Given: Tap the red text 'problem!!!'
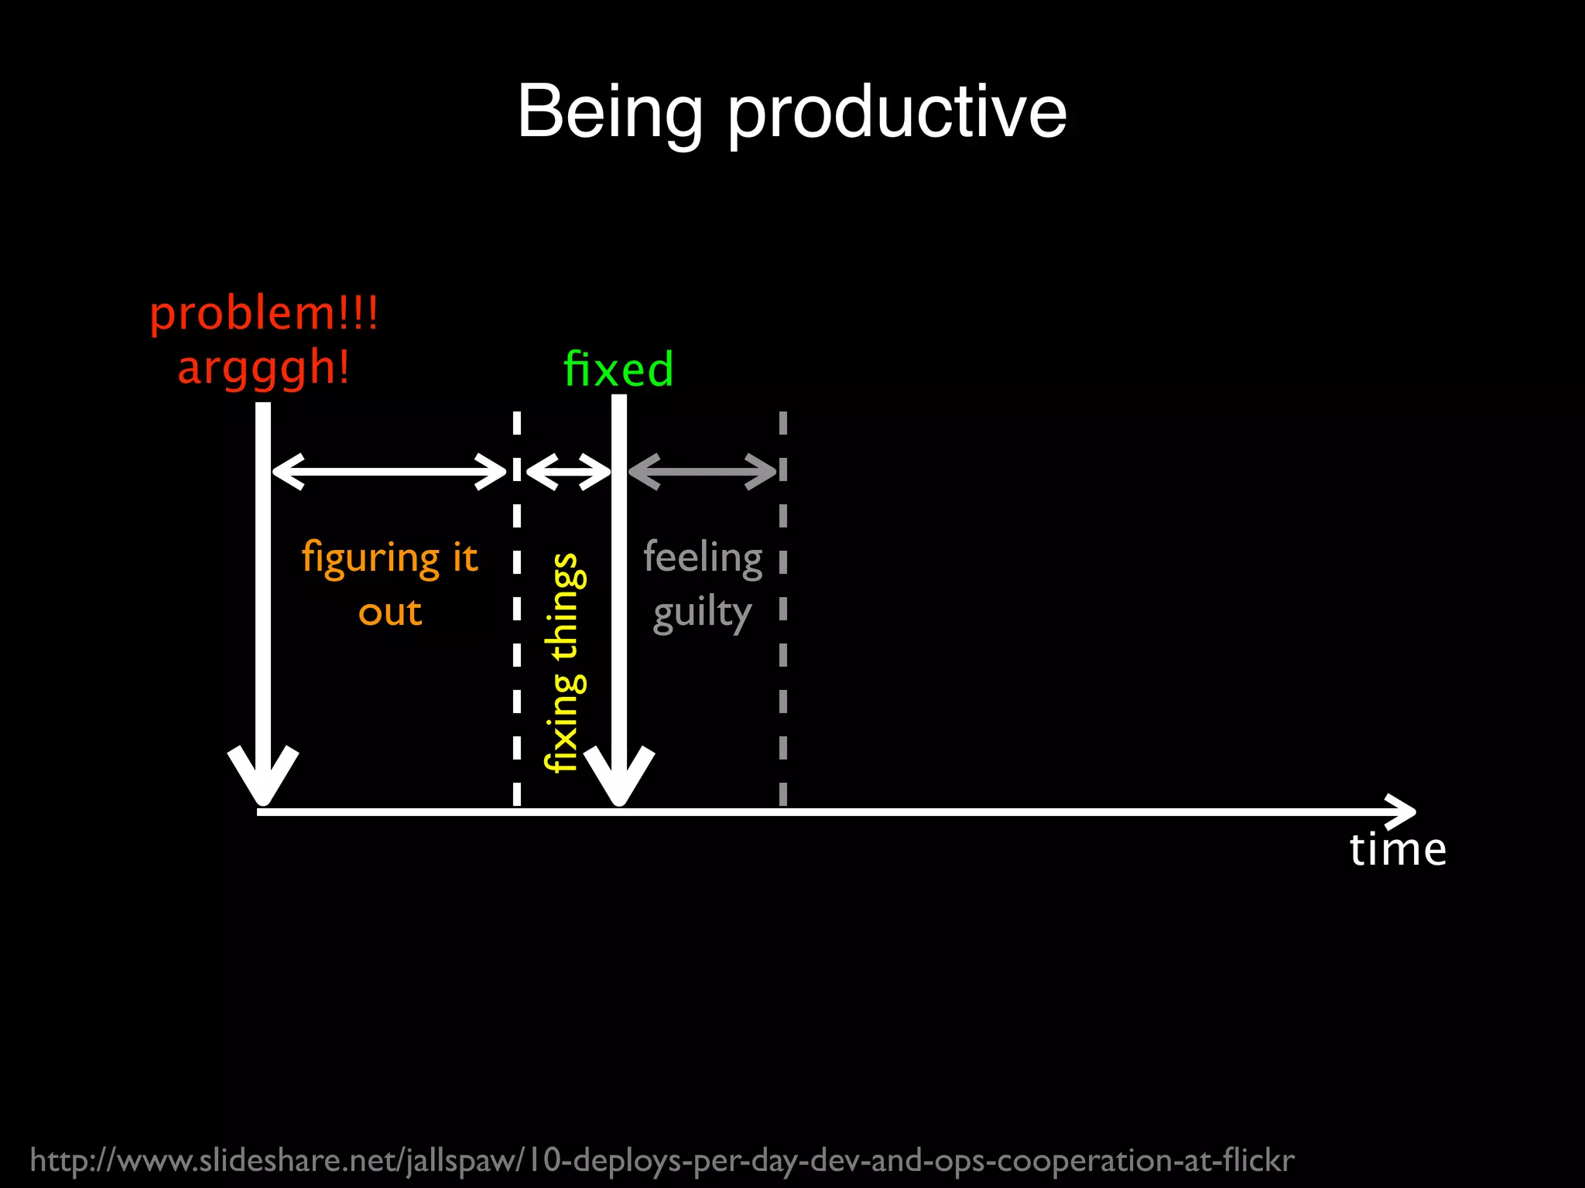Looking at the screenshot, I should [x=264, y=314].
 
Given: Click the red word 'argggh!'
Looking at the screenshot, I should [x=264, y=367].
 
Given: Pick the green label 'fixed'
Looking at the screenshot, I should [x=618, y=369].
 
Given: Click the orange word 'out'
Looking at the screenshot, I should [x=390, y=613].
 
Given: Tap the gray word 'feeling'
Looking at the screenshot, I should [x=703, y=558].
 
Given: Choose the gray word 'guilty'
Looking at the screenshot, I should [x=702, y=614].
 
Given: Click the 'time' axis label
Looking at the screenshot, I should [x=1398, y=849].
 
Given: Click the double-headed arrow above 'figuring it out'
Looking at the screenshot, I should [x=389, y=470].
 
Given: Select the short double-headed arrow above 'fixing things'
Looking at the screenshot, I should [x=568, y=470].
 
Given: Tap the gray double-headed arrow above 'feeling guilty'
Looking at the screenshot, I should [x=702, y=470].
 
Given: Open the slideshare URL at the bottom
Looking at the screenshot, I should [x=662, y=1160].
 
